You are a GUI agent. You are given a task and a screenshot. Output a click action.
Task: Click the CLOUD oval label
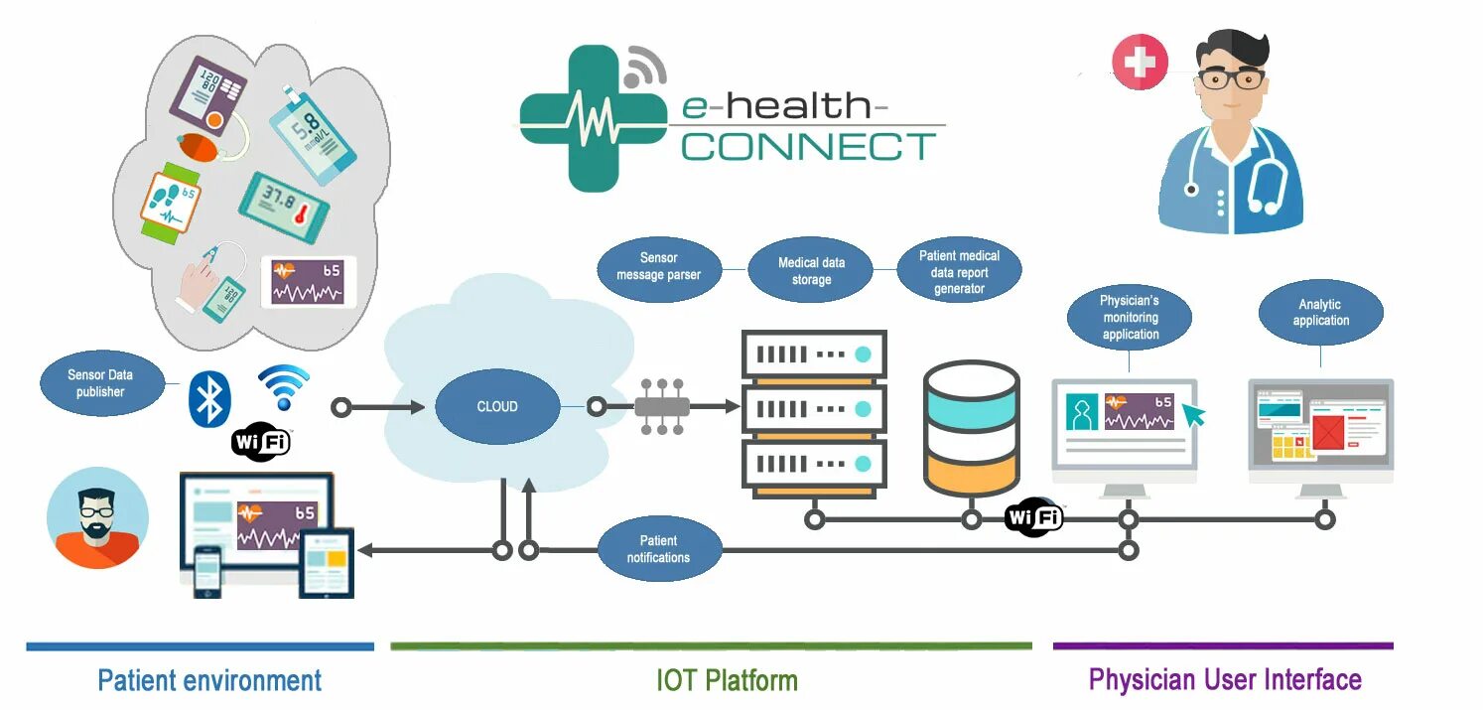click(496, 406)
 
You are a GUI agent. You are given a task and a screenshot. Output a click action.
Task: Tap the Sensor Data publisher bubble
click(101, 383)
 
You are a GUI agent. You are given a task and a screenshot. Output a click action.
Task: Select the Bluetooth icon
click(208, 399)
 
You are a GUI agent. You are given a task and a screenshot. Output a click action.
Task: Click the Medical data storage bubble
click(810, 271)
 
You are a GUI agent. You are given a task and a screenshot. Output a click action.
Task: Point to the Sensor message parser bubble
click(658, 266)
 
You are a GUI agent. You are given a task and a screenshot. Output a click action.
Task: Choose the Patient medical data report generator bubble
click(959, 271)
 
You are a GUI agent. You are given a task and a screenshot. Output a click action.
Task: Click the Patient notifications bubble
click(658, 548)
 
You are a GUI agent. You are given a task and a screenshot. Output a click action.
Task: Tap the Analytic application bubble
click(1320, 312)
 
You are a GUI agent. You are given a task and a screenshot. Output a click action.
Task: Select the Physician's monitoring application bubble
click(1130, 318)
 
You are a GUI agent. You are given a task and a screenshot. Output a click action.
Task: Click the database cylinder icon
click(971, 429)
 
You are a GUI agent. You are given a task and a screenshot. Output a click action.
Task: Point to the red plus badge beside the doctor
click(1140, 63)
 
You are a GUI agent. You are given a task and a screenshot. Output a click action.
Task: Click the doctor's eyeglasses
click(1232, 79)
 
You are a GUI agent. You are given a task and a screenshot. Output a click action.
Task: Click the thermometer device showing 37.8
click(284, 209)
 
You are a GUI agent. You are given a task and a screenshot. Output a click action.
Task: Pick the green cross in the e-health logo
click(592, 117)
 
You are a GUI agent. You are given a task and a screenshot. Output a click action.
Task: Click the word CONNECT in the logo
click(808, 147)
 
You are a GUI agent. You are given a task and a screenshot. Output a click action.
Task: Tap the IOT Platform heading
click(727, 680)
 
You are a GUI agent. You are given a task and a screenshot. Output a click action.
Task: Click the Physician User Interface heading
click(1225, 679)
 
